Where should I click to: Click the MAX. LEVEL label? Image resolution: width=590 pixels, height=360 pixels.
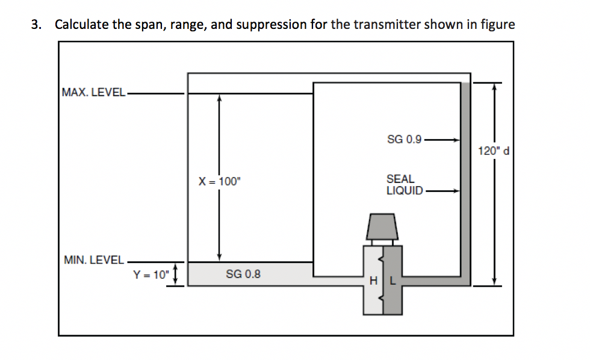(93, 93)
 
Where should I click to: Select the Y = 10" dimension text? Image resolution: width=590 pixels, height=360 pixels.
(151, 275)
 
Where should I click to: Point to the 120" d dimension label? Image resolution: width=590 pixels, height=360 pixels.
(494, 151)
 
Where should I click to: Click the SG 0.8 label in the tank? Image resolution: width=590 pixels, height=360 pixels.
(243, 275)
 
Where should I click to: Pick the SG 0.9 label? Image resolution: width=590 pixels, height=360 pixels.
(404, 140)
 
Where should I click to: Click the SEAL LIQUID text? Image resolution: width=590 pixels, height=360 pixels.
(403, 185)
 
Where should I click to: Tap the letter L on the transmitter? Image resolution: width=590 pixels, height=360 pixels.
(392, 281)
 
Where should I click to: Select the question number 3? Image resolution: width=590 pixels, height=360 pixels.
(37, 25)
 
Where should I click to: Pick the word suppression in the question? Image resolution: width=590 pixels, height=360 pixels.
(271, 25)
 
